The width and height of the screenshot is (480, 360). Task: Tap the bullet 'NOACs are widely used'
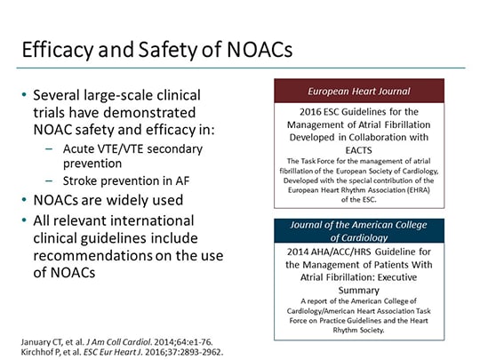click(108, 200)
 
